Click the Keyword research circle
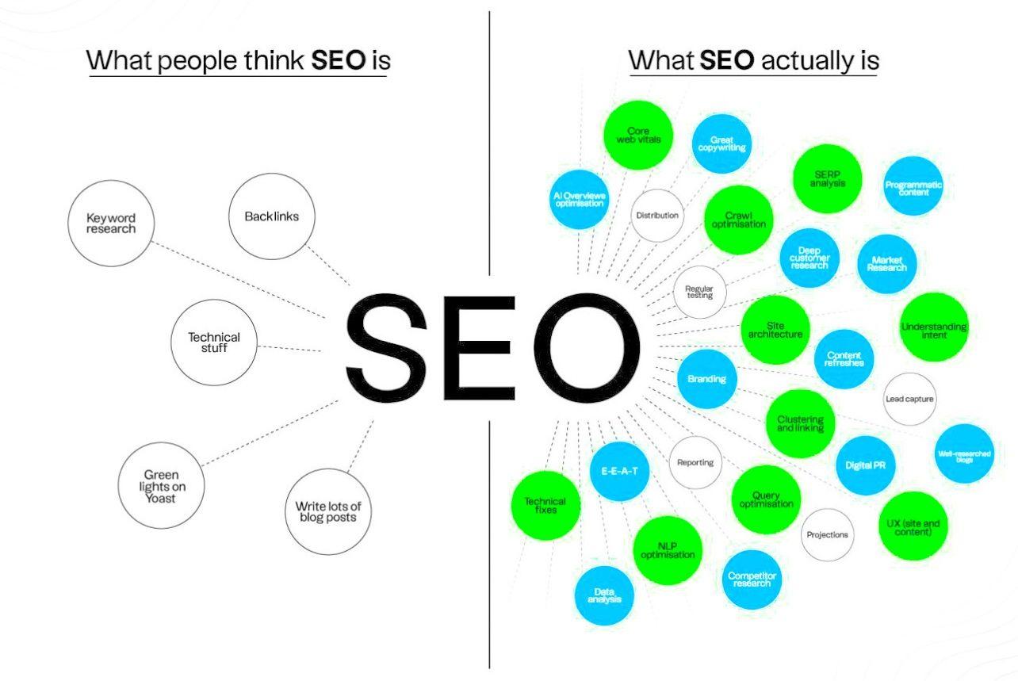(111, 224)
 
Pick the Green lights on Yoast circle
(162, 486)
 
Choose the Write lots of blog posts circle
(326, 512)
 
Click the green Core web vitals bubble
(638, 136)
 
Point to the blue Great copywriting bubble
(721, 143)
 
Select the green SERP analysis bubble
(827, 179)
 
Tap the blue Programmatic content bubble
(913, 188)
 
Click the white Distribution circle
(657, 215)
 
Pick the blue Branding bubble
(707, 379)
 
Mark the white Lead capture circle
(909, 399)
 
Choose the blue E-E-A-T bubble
(620, 471)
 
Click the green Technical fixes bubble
(545, 505)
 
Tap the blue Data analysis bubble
(604, 596)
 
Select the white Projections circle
(827, 535)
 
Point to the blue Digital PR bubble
(865, 465)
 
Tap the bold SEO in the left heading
(339, 60)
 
